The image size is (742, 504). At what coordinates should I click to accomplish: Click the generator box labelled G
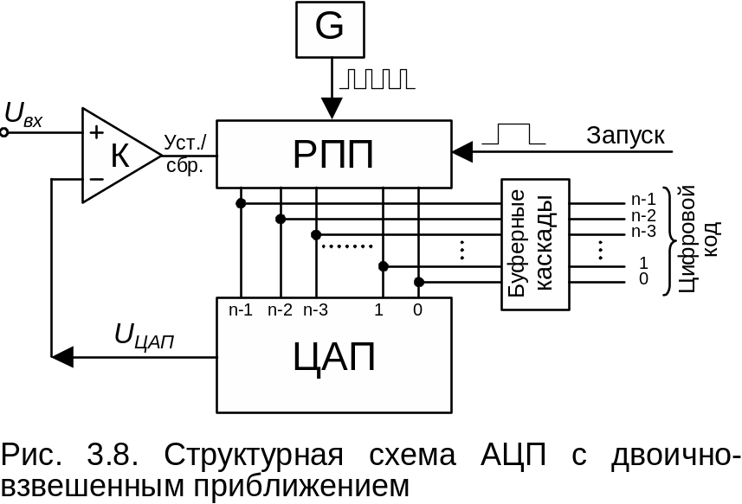click(330, 28)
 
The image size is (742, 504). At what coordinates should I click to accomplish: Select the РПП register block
click(333, 154)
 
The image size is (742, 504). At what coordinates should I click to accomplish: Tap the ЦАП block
click(333, 355)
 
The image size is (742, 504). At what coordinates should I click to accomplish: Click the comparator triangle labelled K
click(118, 156)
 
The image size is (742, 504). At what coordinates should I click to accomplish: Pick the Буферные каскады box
click(534, 244)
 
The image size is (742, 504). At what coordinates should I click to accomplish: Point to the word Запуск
click(625, 136)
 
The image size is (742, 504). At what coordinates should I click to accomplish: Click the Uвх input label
click(23, 115)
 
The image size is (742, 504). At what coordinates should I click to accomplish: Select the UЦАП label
click(145, 337)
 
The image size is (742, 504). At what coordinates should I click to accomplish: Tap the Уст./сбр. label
click(185, 152)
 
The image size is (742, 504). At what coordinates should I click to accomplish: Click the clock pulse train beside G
click(377, 80)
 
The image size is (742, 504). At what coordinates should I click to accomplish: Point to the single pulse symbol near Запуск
click(513, 133)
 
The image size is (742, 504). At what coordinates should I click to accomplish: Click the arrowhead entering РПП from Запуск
click(462, 152)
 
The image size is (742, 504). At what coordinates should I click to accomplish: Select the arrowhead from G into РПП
click(331, 110)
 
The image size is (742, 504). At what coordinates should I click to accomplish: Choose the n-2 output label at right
click(644, 216)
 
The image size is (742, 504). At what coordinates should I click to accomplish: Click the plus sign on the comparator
click(96, 132)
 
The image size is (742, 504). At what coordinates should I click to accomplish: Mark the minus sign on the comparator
click(96, 180)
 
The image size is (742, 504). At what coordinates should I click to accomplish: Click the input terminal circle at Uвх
click(4, 133)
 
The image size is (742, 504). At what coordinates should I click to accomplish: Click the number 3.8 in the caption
click(107, 456)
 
